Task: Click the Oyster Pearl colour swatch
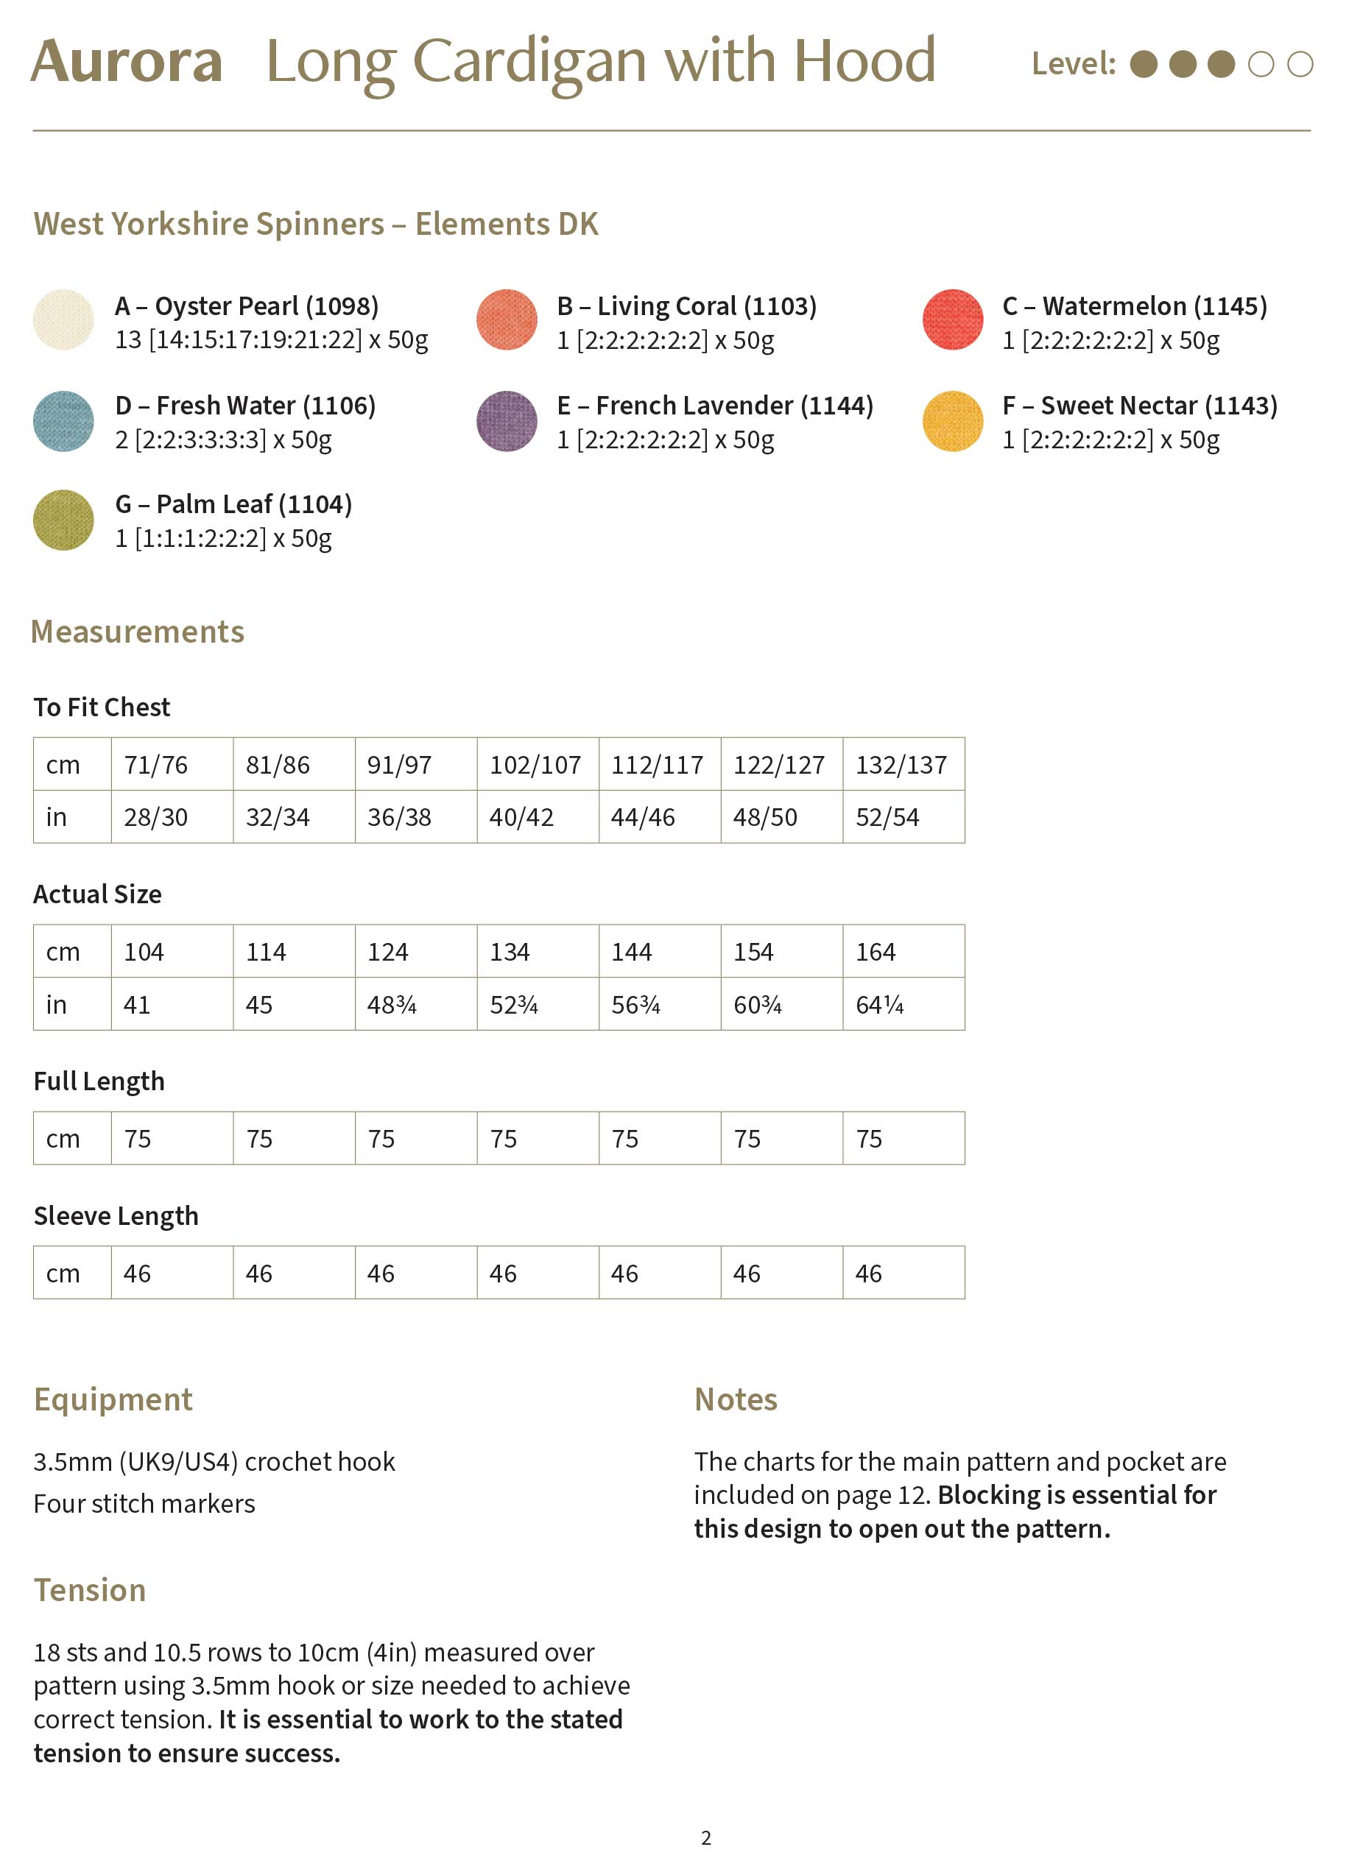pyautogui.click(x=63, y=319)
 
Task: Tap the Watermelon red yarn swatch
pyautogui.click(x=952, y=319)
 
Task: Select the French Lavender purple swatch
pyautogui.click(x=507, y=421)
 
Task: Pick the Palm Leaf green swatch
pyautogui.click(x=63, y=520)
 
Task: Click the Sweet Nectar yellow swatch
pyautogui.click(x=952, y=421)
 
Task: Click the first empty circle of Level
pyautogui.click(x=1261, y=64)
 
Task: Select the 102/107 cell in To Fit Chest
pyautogui.click(x=535, y=765)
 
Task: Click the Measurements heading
pyautogui.click(x=138, y=632)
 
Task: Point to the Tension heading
pyautogui.click(x=90, y=1590)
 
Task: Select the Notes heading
pyautogui.click(x=735, y=1400)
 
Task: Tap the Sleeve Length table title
pyautogui.click(x=116, y=1217)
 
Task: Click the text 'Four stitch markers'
pyautogui.click(x=144, y=1504)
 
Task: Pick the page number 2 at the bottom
pyautogui.click(x=705, y=1837)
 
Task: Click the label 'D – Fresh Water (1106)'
pyautogui.click(x=245, y=406)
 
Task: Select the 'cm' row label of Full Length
pyautogui.click(x=63, y=1140)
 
